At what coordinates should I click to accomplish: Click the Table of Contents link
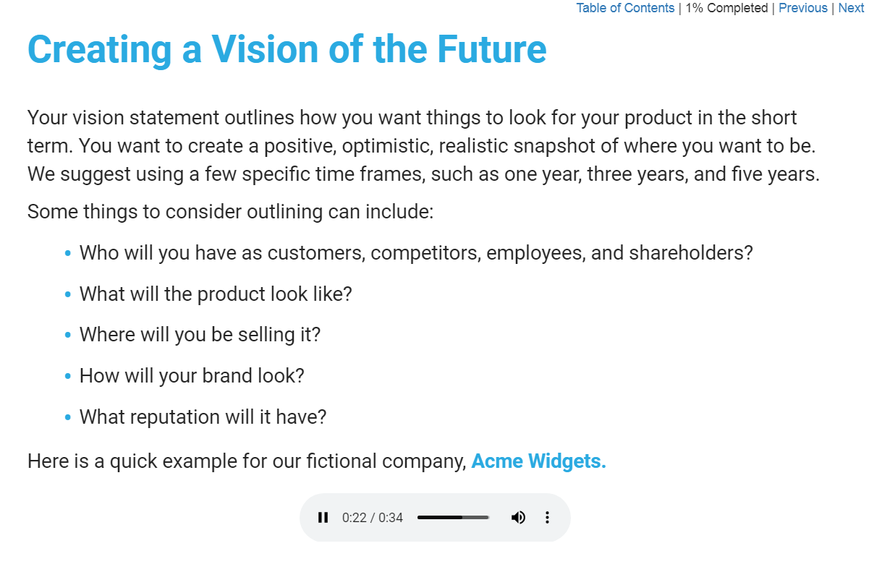pos(625,8)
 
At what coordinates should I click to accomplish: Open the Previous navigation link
pos(802,8)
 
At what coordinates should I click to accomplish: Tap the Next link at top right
pos(851,8)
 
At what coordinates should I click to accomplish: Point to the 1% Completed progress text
pos(726,8)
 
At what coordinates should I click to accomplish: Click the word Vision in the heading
pos(265,49)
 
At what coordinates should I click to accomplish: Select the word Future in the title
pos(492,49)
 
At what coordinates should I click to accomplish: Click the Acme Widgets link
pos(538,461)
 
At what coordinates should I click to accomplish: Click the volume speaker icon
pos(518,517)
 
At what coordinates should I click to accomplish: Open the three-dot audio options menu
pos(547,517)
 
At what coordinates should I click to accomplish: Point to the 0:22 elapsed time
pos(355,518)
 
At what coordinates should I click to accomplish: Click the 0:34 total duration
pos(391,518)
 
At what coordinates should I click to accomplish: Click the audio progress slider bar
pos(453,517)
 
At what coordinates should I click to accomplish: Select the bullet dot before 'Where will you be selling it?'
pos(68,335)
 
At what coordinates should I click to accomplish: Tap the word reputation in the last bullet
pos(175,417)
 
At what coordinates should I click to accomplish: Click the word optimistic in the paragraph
pos(387,146)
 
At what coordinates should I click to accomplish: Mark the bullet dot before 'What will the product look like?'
pos(68,294)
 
